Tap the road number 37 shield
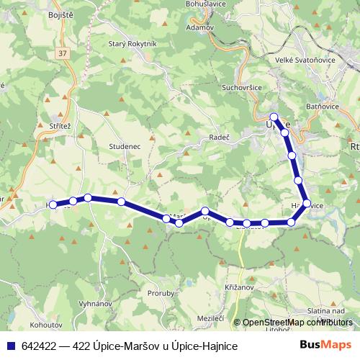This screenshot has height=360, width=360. tap(63, 53)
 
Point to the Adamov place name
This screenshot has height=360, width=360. tap(199, 27)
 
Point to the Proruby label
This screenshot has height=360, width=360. tap(160, 293)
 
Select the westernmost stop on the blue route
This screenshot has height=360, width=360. tap(53, 204)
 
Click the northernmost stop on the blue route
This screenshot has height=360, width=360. tap(274, 117)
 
